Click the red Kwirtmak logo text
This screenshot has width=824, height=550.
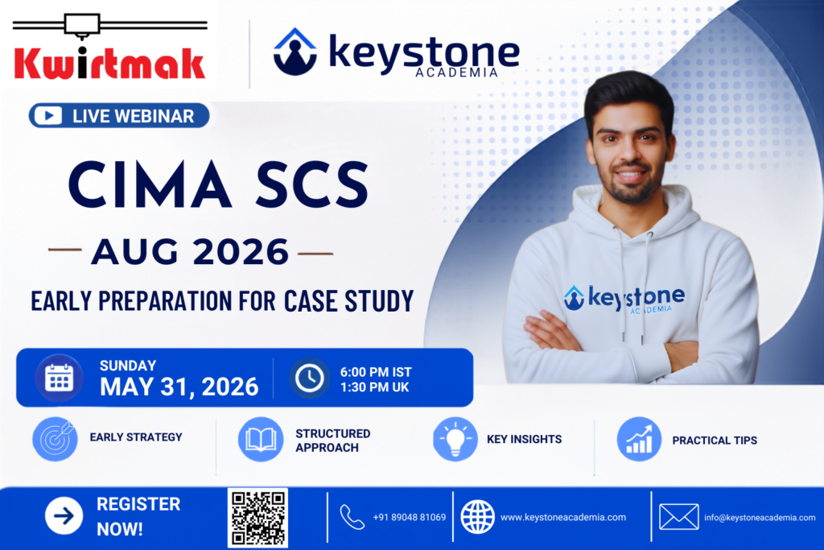(109, 64)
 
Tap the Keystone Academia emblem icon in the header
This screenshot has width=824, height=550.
(295, 52)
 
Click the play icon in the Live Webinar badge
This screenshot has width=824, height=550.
(49, 116)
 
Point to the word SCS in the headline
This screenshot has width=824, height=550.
(312, 185)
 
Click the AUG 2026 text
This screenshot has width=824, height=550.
(190, 252)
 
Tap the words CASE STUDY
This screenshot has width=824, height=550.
(349, 300)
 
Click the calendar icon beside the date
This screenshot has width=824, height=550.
(59, 378)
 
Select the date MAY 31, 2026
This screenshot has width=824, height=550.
(179, 387)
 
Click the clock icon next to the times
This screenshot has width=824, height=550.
(309, 378)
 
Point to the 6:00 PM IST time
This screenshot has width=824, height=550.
(376, 372)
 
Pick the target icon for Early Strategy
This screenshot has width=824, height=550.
(55, 439)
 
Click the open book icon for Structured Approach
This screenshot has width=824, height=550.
(261, 439)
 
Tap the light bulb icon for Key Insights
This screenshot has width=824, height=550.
(455, 439)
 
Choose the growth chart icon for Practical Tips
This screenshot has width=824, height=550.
(639, 439)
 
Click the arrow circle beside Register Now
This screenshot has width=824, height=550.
(64, 516)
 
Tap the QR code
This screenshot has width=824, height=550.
(257, 518)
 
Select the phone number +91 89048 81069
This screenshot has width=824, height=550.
(410, 518)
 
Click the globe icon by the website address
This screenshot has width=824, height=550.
(477, 517)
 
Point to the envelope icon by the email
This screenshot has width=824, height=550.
(679, 517)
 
